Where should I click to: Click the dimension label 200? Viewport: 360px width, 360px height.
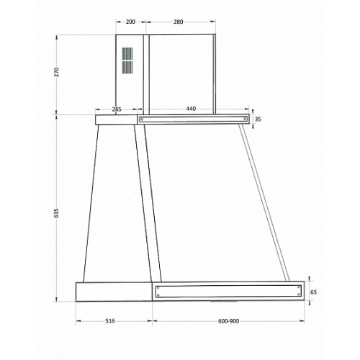[x=130, y=22]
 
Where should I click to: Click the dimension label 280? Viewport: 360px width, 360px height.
[x=179, y=22]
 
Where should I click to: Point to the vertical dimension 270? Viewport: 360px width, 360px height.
[x=56, y=72]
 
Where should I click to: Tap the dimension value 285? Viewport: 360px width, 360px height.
[x=117, y=109]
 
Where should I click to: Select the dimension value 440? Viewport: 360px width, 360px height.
[x=191, y=109]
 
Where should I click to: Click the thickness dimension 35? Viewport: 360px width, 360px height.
[x=258, y=119]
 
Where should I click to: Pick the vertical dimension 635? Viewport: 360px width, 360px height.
[x=56, y=213]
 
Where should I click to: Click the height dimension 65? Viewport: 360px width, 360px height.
[x=313, y=292]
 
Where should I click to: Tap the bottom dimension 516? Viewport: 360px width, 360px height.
[x=110, y=321]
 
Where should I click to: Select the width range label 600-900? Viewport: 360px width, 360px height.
[x=228, y=321]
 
